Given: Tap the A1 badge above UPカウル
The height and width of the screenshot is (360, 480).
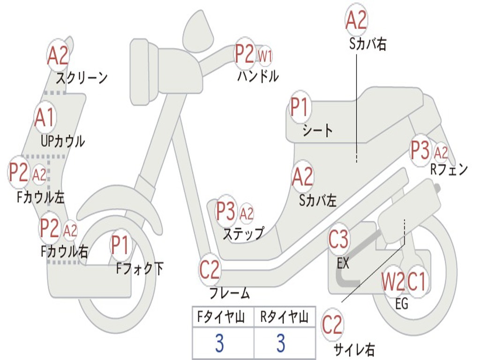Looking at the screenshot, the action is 45,118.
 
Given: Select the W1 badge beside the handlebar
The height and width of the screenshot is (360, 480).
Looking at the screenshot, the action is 264,56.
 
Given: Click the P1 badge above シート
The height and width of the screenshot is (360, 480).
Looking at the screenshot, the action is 300,107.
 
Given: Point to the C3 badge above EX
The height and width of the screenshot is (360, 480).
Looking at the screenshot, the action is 338,239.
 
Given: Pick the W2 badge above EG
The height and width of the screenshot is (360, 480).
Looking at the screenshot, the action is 393,282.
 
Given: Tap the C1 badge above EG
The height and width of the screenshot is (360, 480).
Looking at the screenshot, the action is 417,282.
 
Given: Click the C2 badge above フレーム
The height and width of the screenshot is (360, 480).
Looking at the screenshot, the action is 210,270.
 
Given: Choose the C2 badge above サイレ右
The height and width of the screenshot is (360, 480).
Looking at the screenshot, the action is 332,325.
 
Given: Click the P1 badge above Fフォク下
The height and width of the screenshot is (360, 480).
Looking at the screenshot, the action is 120,245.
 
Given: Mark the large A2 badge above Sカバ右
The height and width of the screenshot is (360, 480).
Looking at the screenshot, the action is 356,20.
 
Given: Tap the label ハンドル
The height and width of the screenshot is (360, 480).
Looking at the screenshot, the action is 258,76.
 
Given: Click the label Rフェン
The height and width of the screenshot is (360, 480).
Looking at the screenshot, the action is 449,169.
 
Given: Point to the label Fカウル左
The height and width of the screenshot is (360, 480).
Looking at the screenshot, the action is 41,197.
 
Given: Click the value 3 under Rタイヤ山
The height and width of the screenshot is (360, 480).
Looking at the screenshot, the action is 281,343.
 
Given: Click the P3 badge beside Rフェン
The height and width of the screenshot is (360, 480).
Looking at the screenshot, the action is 420,150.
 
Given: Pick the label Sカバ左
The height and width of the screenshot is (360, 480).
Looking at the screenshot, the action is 317,201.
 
